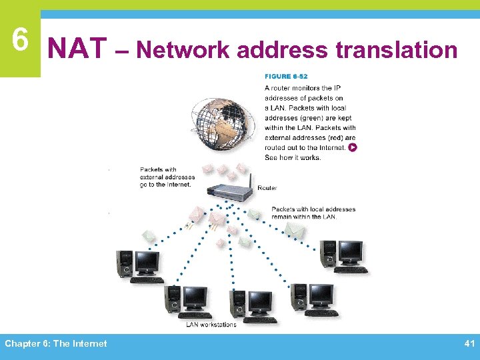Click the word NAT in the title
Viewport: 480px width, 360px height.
coord(78,49)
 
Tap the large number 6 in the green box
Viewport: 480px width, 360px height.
coord(20,41)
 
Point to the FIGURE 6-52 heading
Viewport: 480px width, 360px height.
coord(286,77)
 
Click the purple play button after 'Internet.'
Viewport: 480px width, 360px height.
coord(352,147)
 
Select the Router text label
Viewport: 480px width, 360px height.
coord(267,188)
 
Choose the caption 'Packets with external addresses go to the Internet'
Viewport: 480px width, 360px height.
coord(167,177)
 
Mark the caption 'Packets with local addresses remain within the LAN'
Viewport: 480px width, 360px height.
coord(313,213)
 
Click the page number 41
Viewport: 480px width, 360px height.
coord(468,343)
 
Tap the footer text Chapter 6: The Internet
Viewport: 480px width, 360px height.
coord(56,343)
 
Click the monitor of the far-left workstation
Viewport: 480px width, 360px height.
coord(147,262)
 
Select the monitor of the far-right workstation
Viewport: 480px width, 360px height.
coord(350,252)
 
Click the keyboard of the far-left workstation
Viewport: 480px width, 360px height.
coord(147,280)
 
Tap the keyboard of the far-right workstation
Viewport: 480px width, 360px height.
coord(351,269)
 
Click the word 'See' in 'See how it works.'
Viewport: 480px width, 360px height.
coord(271,157)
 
